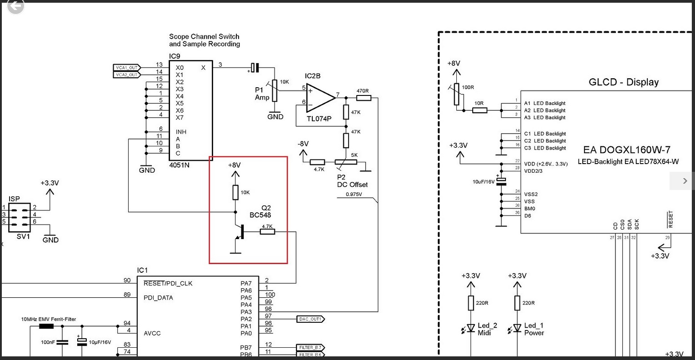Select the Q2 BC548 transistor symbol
click(240, 232)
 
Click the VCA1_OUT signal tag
click(126, 68)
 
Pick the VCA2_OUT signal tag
click(126, 75)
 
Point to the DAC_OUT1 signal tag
click(310, 319)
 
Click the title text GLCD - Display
click(624, 82)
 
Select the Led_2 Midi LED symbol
click(471, 328)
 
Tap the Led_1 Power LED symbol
click(517, 328)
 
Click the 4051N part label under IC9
click(179, 165)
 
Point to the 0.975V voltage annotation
click(354, 194)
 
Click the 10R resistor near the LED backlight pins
click(480, 110)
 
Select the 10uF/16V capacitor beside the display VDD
click(501, 181)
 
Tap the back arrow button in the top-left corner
click(15, 6)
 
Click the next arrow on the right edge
click(685, 181)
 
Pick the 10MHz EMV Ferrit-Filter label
click(49, 319)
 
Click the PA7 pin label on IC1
click(246, 284)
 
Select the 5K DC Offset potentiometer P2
click(345, 162)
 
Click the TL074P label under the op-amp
click(319, 119)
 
